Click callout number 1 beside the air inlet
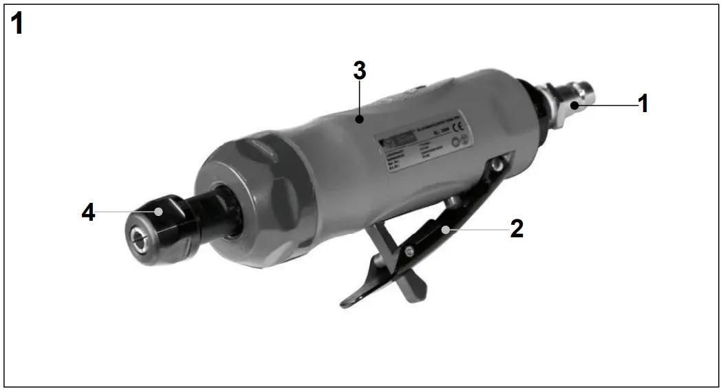coord(643,104)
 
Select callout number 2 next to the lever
coord(517,229)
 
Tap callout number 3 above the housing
coord(359,72)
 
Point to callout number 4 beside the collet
coord(88,212)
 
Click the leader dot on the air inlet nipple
coord(572,105)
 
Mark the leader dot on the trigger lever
coord(446,229)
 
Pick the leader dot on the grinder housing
coord(359,120)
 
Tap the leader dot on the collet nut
coord(158,212)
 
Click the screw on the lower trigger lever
coord(410,253)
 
